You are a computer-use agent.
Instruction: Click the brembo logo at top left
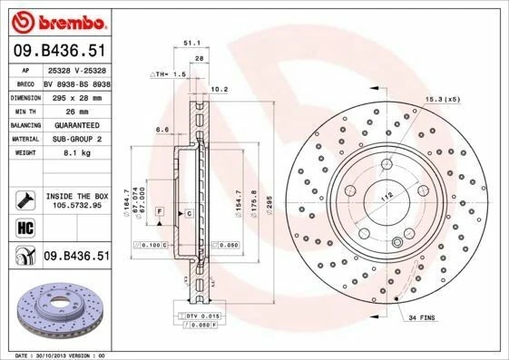(57, 20)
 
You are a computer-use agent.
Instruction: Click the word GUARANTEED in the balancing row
(71, 125)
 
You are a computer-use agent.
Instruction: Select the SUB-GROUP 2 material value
(71, 140)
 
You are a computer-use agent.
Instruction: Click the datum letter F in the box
(160, 210)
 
